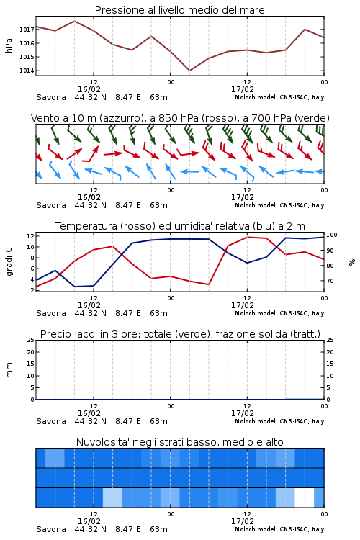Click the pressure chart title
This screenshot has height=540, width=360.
coord(179,10)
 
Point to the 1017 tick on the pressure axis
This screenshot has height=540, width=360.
coord(27,30)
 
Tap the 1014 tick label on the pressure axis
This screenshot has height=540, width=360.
coord(27,71)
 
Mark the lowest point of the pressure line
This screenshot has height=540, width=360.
coord(189,71)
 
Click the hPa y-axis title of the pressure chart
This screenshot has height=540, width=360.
coord(9,45)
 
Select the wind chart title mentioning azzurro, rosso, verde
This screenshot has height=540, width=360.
coord(180,118)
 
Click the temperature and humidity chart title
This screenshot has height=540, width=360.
coord(180,226)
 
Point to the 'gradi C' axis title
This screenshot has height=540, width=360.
coord(9,262)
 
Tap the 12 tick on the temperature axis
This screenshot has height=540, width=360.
coord(30,236)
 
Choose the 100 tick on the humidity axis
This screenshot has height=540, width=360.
coord(332,235)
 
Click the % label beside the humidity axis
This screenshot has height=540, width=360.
coord(352,262)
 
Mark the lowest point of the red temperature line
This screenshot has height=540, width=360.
coord(209,284)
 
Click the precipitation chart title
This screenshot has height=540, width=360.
coord(180,334)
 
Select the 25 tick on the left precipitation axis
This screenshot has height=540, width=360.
coord(30,341)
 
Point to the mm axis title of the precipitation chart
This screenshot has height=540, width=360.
coord(9,370)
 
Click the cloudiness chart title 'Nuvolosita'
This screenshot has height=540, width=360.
coord(179,442)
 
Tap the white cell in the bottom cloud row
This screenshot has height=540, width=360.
coord(305,498)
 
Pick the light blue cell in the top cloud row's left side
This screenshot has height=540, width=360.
coord(55,458)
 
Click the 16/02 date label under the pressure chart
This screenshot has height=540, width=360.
coord(89,89)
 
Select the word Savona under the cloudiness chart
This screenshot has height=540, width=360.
coord(51,529)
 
